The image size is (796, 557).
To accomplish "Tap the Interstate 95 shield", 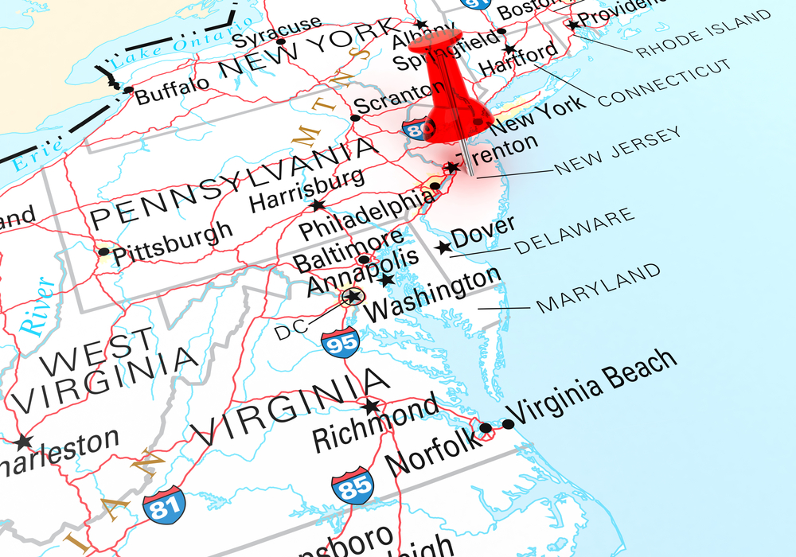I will pyautogui.click(x=341, y=341).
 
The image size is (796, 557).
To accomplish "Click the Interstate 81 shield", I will pyautogui.click(x=164, y=503).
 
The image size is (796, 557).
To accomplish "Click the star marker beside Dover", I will pyautogui.click(x=443, y=247).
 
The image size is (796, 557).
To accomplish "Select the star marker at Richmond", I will pyautogui.click(x=371, y=407).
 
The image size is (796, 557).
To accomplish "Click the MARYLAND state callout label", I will pyautogui.click(x=599, y=287).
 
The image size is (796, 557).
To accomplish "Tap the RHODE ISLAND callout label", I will pyautogui.click(x=704, y=34).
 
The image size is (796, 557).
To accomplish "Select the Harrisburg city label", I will pyautogui.click(x=306, y=189).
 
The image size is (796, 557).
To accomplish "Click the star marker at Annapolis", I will pyautogui.click(x=387, y=280).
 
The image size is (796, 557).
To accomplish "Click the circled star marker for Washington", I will pyautogui.click(x=351, y=298).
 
